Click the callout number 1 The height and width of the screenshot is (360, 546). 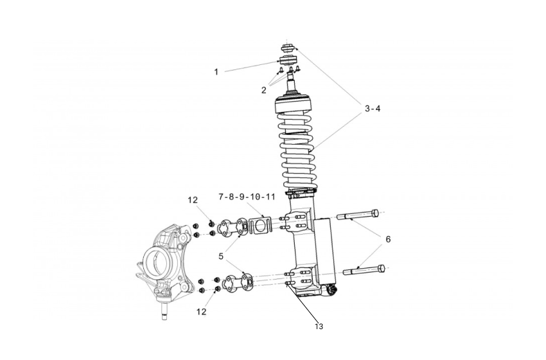pyautogui.click(x=216, y=72)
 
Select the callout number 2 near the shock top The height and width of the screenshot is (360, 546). pyautogui.click(x=263, y=91)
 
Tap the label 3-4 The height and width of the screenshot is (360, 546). pyautogui.click(x=373, y=109)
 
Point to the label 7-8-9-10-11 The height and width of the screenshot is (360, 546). pyautogui.click(x=247, y=196)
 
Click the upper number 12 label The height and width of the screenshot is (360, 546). pyautogui.click(x=193, y=201)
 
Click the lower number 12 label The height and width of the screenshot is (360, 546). pyautogui.click(x=202, y=312)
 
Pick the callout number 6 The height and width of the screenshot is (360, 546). pyautogui.click(x=388, y=239)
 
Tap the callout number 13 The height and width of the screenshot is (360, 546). pyautogui.click(x=319, y=327)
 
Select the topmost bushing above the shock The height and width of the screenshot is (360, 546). pyautogui.click(x=288, y=49)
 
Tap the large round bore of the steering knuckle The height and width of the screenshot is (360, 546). pyautogui.click(x=158, y=262)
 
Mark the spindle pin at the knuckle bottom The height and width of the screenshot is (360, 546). pyautogui.click(x=164, y=314)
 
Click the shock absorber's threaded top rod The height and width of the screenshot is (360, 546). pyautogui.click(x=295, y=82)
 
